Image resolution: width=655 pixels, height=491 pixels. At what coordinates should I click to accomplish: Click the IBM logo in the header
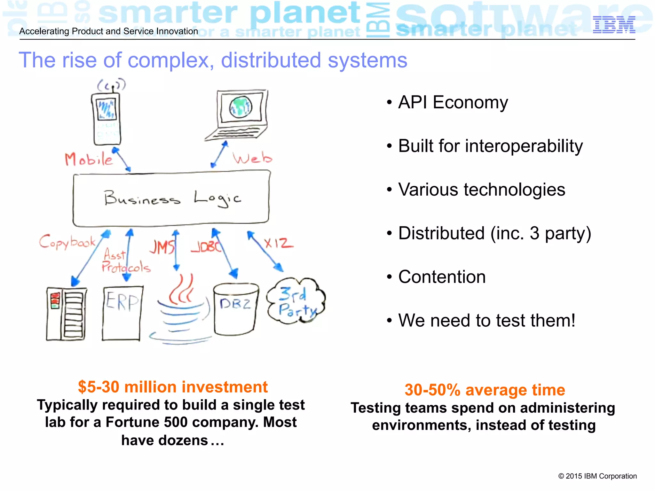(614, 25)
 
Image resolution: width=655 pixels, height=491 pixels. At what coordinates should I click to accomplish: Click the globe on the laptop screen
(241, 107)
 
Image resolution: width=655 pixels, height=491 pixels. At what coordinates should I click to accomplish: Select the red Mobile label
(89, 159)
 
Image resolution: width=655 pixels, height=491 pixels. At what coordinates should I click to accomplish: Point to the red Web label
(252, 158)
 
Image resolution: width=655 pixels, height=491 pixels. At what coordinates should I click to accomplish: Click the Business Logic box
(171, 199)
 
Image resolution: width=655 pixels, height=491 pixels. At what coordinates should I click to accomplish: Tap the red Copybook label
(67, 242)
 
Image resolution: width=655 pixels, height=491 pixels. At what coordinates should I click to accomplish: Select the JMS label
(162, 247)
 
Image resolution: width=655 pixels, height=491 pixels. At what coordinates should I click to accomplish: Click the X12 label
(278, 244)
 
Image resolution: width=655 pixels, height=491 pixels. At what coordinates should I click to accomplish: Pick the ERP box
(122, 313)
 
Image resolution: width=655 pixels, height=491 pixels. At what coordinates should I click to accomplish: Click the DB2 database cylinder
(236, 309)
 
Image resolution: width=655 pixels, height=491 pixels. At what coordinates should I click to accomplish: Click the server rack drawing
(67, 314)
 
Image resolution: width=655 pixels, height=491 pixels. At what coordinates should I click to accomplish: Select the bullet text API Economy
(453, 102)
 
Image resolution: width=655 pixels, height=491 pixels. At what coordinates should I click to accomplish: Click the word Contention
(442, 277)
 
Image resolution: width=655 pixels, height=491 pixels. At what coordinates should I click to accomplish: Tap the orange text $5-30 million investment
(173, 387)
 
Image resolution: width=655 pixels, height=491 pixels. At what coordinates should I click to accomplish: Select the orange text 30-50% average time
(485, 390)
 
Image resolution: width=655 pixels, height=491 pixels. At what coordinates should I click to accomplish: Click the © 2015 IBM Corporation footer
(597, 476)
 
